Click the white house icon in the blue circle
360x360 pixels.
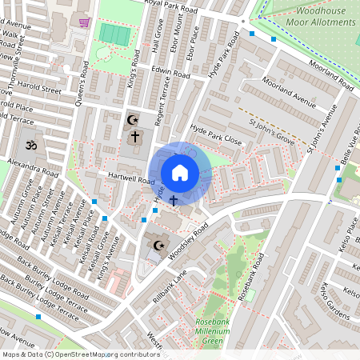pyautogui.click(x=180, y=172)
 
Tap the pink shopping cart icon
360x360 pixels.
pyautogui.click(x=85, y=23)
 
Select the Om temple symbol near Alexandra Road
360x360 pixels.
pyautogui.click(x=32, y=147)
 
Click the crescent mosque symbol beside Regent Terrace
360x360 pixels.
pyautogui.click(x=133, y=121)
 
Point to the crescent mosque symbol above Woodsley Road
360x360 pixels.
pyautogui.click(x=158, y=246)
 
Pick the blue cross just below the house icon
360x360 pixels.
pyautogui.click(x=173, y=196)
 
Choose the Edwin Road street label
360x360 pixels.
pyautogui.click(x=170, y=74)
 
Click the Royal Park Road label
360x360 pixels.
pyautogui.click(x=180, y=5)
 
